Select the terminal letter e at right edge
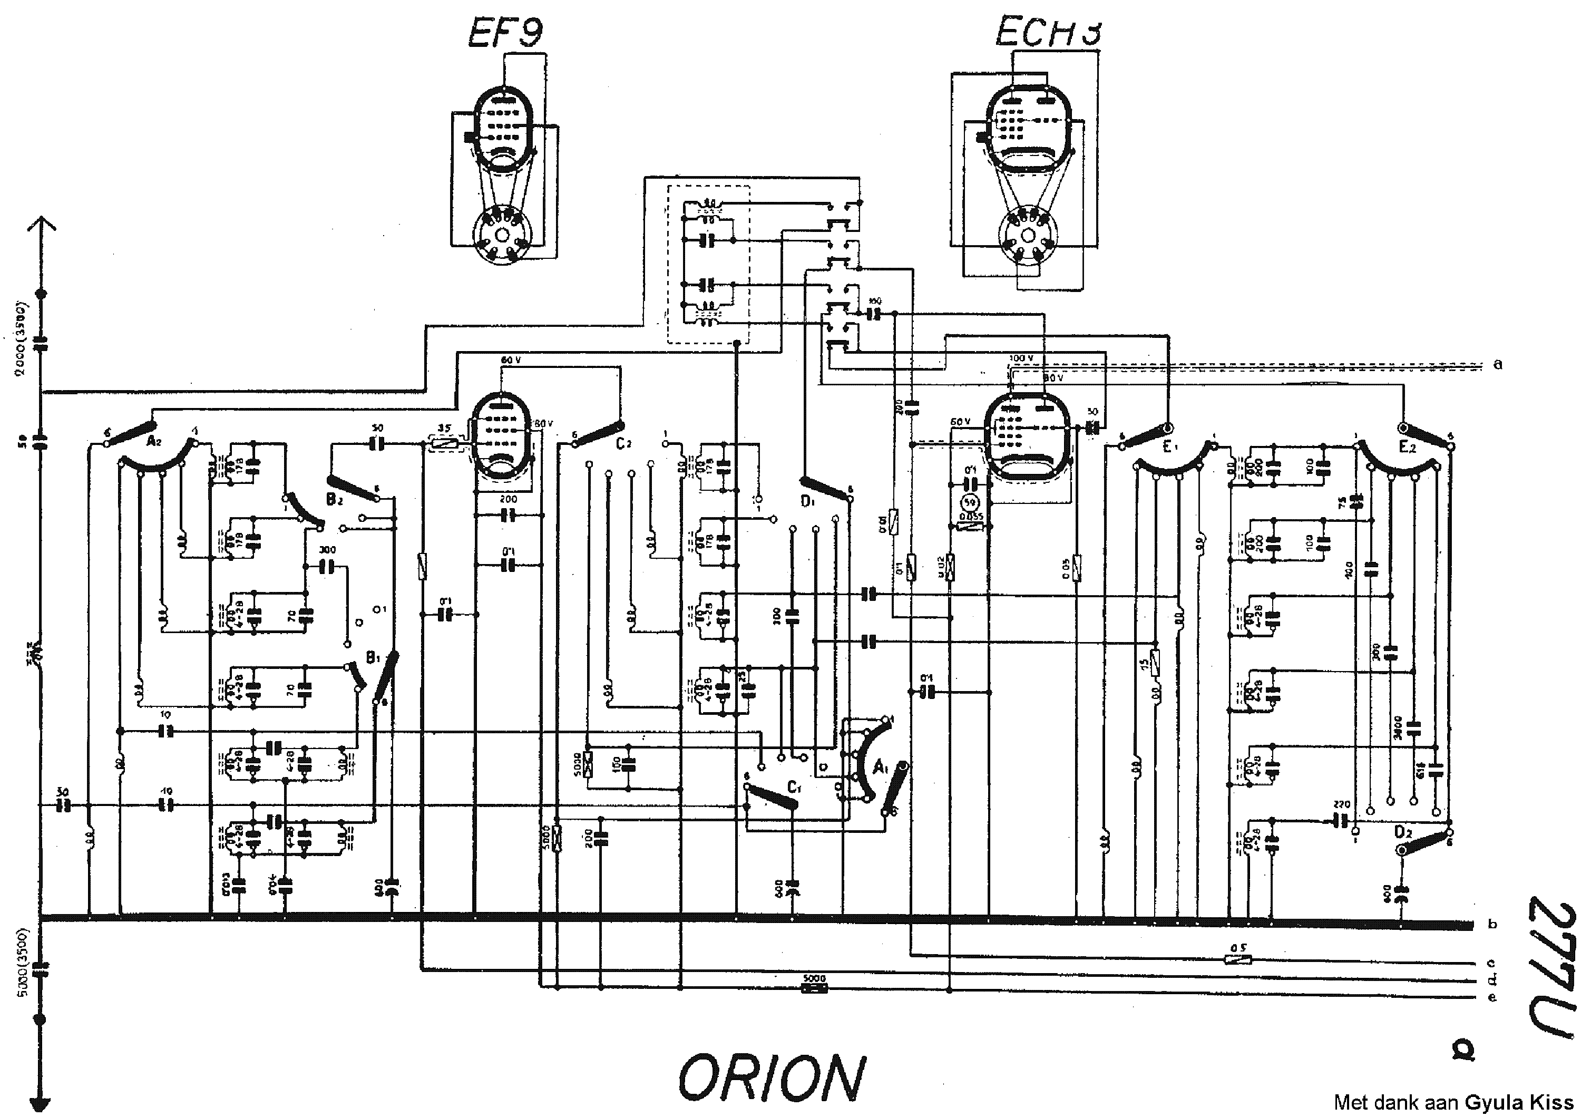1486,998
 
